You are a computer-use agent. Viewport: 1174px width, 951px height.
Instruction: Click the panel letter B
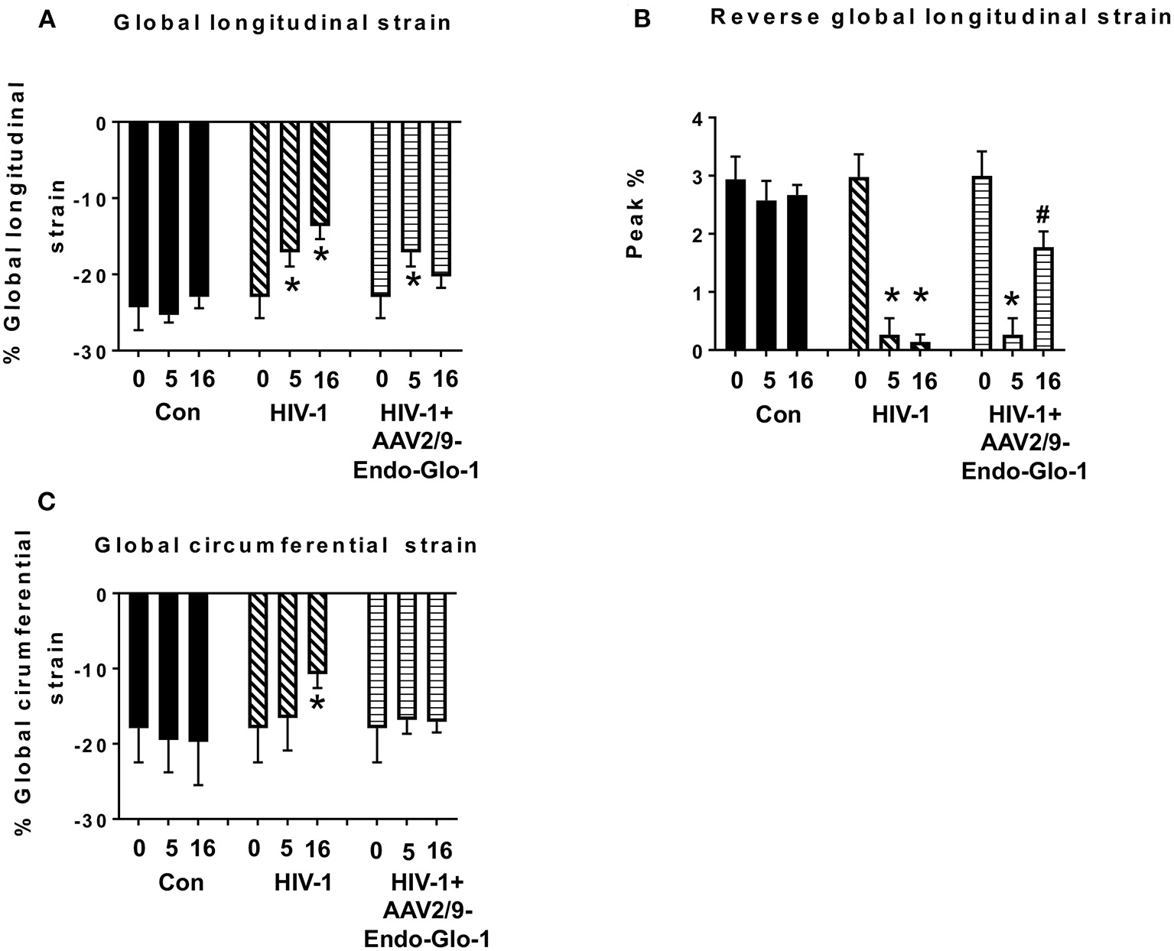(642, 19)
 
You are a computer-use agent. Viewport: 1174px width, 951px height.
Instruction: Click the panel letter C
(47, 501)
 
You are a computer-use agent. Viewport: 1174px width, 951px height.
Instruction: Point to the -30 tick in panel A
(96, 351)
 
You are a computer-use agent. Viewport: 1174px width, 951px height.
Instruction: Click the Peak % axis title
(636, 214)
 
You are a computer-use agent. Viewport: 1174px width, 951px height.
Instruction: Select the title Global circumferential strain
(285, 546)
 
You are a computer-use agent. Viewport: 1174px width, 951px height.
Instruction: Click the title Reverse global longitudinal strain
(941, 18)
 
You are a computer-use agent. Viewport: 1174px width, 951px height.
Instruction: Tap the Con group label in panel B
(779, 414)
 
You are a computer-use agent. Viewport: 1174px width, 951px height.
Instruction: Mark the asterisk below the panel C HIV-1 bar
(318, 701)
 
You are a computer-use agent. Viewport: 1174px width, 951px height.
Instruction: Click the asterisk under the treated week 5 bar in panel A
(413, 281)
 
